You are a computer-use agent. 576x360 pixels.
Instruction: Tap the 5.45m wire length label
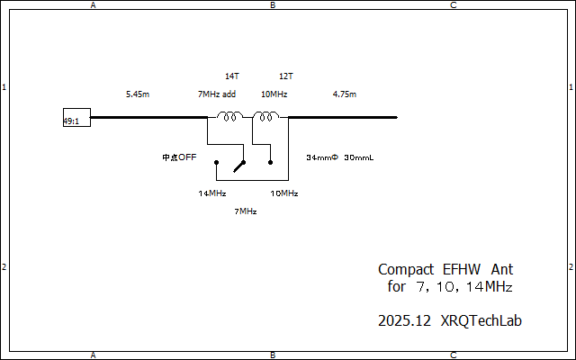[138, 94]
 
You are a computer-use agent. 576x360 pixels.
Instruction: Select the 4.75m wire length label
[344, 94]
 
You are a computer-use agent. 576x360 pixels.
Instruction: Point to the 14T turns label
[231, 76]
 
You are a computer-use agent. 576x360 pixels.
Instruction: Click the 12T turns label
[286, 76]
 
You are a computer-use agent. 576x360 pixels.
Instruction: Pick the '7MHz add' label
[216, 94]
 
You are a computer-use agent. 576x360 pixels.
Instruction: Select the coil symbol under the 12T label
[265, 116]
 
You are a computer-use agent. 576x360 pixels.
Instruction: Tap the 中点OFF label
[179, 157]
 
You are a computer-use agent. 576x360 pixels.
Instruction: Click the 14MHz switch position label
[211, 193]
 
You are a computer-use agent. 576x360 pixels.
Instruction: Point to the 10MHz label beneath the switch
[283, 193]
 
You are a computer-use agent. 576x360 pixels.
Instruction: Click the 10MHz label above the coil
[274, 94]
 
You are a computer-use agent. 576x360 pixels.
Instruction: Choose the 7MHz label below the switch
[245, 211]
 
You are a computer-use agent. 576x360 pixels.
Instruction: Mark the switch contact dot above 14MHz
[216, 163]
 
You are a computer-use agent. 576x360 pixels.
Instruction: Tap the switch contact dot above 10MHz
[271, 163]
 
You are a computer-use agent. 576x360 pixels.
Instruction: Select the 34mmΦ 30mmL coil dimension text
[339, 157]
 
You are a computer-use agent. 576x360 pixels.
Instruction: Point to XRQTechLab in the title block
[481, 320]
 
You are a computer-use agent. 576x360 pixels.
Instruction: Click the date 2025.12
[405, 320]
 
